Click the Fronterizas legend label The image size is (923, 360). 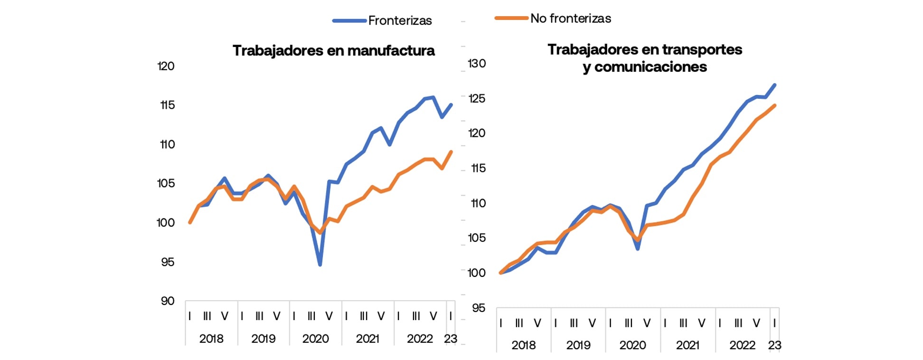400,20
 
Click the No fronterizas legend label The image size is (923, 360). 570,19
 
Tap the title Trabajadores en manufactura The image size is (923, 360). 333,50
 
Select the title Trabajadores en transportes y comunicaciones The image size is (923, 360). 644,58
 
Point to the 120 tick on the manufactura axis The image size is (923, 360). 166,66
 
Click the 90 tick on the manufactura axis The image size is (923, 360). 167,301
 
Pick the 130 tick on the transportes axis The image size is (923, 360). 477,63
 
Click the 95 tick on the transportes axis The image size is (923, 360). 479,308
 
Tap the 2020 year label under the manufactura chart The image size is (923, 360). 315,339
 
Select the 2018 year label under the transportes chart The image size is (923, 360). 523,345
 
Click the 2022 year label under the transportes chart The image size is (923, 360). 742,345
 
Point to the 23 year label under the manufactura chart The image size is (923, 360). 450,339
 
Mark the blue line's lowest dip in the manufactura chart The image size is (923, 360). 320,265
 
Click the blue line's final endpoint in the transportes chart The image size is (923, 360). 775,85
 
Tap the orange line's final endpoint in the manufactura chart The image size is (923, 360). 451,152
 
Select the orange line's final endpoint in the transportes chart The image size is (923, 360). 775,105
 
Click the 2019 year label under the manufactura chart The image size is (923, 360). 263,339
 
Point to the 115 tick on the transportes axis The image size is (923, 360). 478,168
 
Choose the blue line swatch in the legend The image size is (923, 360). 349,20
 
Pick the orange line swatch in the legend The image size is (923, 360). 511,18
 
